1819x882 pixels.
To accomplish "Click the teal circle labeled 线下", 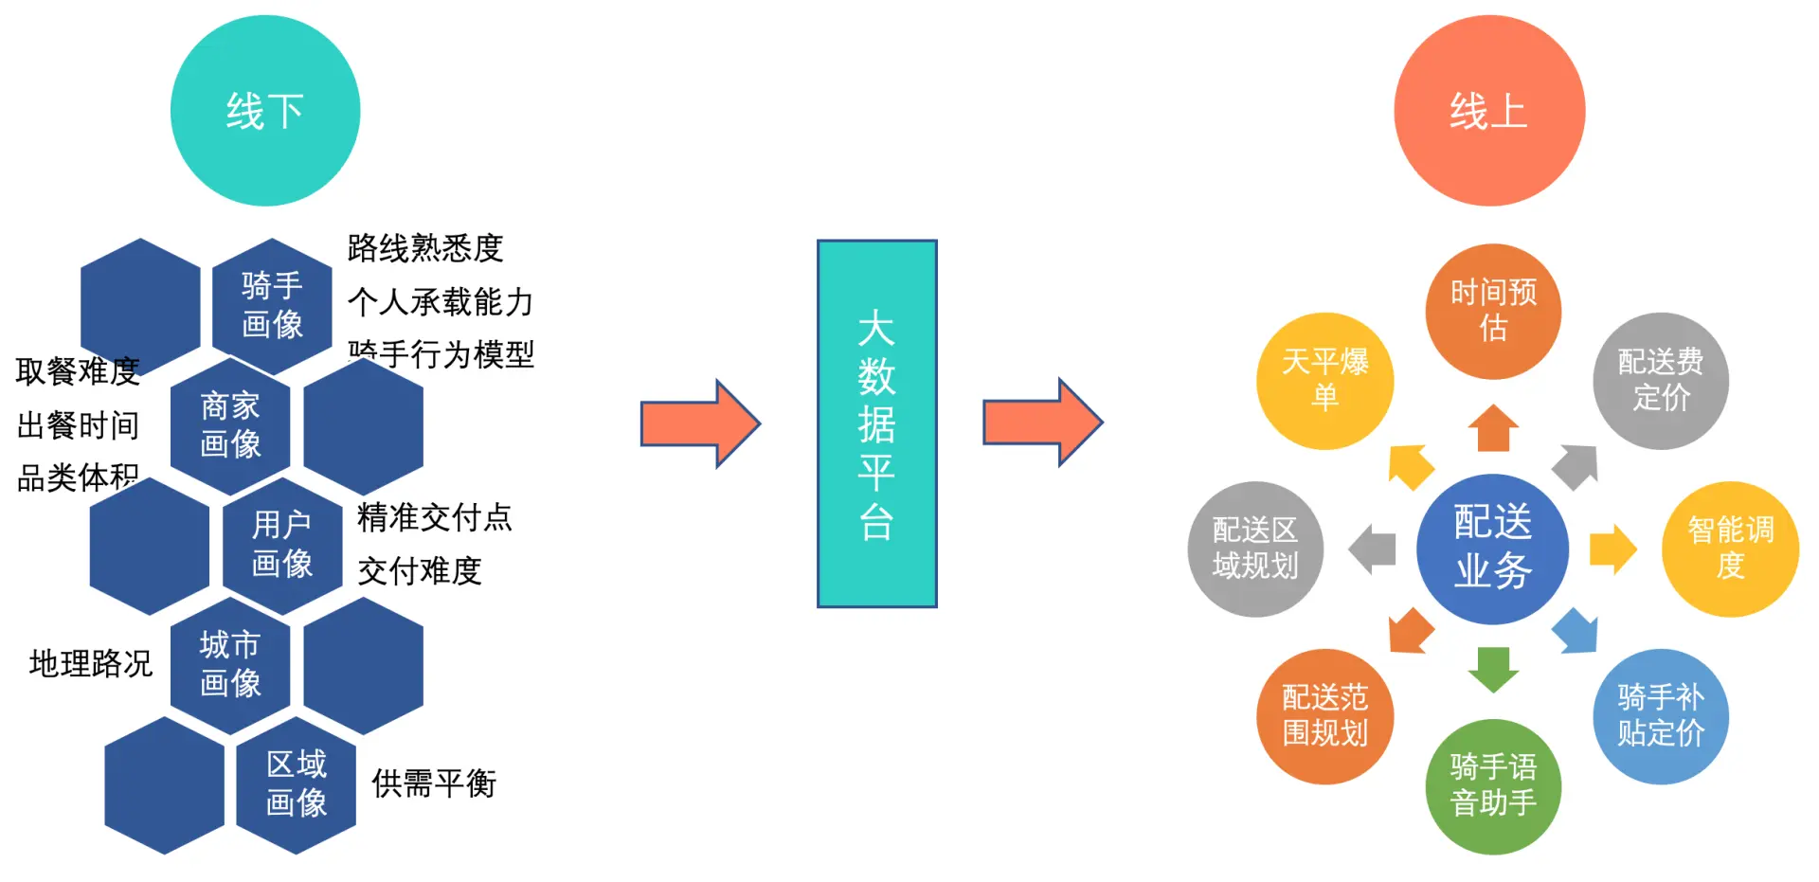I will click(265, 111).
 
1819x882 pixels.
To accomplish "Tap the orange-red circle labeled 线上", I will click(1489, 111).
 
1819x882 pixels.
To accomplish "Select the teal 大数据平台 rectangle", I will click(877, 423).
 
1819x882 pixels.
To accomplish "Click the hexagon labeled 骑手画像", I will click(272, 305).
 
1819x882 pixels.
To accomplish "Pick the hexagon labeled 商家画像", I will click(230, 424).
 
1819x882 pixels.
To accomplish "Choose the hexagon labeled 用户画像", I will click(282, 545).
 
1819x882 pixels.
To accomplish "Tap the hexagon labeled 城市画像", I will click(230, 664).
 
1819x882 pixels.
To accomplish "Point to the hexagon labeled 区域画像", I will click(297, 783).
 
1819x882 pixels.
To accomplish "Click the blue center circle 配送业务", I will click(1492, 549).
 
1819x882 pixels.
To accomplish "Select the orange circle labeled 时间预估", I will click(1493, 311).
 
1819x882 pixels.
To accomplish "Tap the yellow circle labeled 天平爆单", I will click(1324, 380).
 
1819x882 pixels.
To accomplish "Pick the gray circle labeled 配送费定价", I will click(1661, 380).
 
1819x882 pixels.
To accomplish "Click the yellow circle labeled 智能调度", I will click(1730, 549).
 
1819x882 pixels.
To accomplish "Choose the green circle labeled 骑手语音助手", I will click(1493, 785).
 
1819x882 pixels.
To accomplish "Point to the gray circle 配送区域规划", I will click(1255, 549).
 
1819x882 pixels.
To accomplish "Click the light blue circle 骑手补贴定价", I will click(1661, 716).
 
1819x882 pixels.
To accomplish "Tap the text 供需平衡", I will click(434, 783).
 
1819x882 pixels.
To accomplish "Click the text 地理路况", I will click(91, 663).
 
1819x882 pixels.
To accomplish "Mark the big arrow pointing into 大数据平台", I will click(700, 423).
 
